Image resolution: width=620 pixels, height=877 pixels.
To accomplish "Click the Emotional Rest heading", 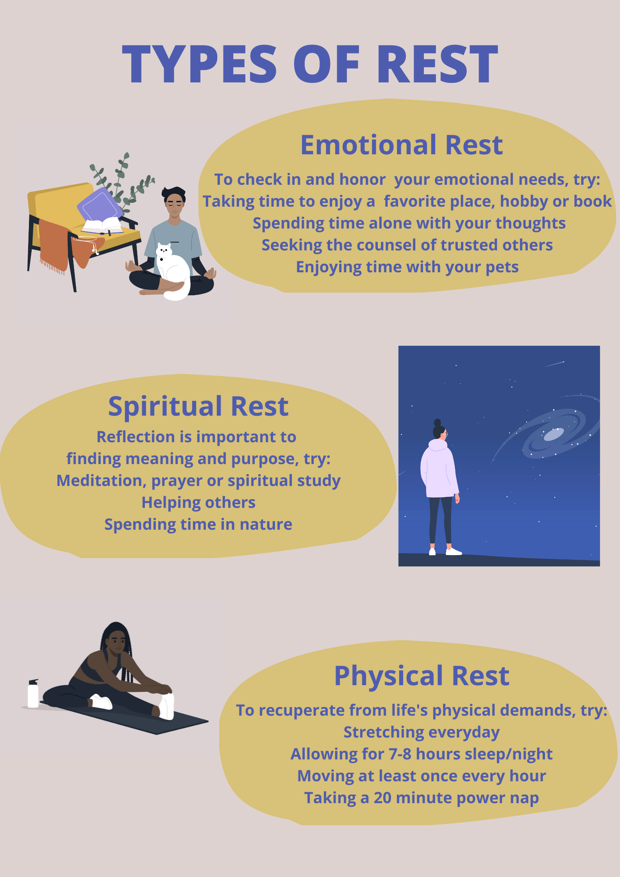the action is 402,145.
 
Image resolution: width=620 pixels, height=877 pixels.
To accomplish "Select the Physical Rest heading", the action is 422,676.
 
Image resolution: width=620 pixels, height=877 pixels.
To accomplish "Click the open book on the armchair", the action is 102,226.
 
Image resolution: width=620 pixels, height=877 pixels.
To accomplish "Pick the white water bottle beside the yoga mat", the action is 33,693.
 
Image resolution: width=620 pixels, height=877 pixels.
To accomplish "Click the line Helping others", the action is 198,502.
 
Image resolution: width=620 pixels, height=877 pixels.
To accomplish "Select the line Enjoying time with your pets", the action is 407,267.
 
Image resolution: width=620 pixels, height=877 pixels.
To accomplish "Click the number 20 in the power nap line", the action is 382,798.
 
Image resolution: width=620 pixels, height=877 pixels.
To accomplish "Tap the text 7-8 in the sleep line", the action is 400,754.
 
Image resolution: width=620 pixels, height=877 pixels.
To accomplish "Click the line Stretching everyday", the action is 422,732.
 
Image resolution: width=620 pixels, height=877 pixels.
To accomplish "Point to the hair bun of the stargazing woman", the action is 437,423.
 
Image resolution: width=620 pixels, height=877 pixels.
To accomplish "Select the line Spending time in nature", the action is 198,525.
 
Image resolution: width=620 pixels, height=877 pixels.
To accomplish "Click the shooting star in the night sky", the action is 554,364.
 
